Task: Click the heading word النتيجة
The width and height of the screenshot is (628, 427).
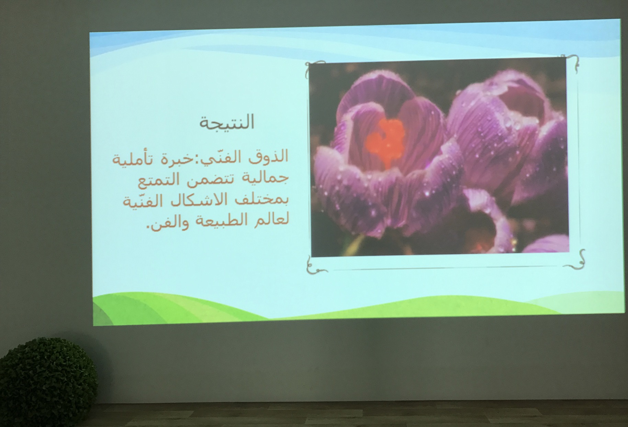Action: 227,123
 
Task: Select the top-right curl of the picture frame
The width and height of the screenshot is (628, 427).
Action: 572,62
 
